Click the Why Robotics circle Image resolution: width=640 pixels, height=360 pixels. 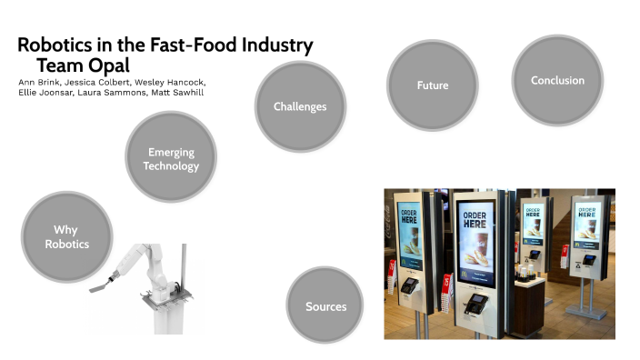[65, 236]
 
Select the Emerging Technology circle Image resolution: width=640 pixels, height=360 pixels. [171, 159]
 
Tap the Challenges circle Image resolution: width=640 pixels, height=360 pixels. [299, 106]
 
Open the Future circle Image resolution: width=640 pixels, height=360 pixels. [432, 85]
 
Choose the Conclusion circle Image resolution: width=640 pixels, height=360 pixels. [557, 80]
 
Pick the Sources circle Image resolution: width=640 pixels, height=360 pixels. [325, 306]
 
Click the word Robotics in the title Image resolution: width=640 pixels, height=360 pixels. [61, 45]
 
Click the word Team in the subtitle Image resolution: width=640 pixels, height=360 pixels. [56, 65]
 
